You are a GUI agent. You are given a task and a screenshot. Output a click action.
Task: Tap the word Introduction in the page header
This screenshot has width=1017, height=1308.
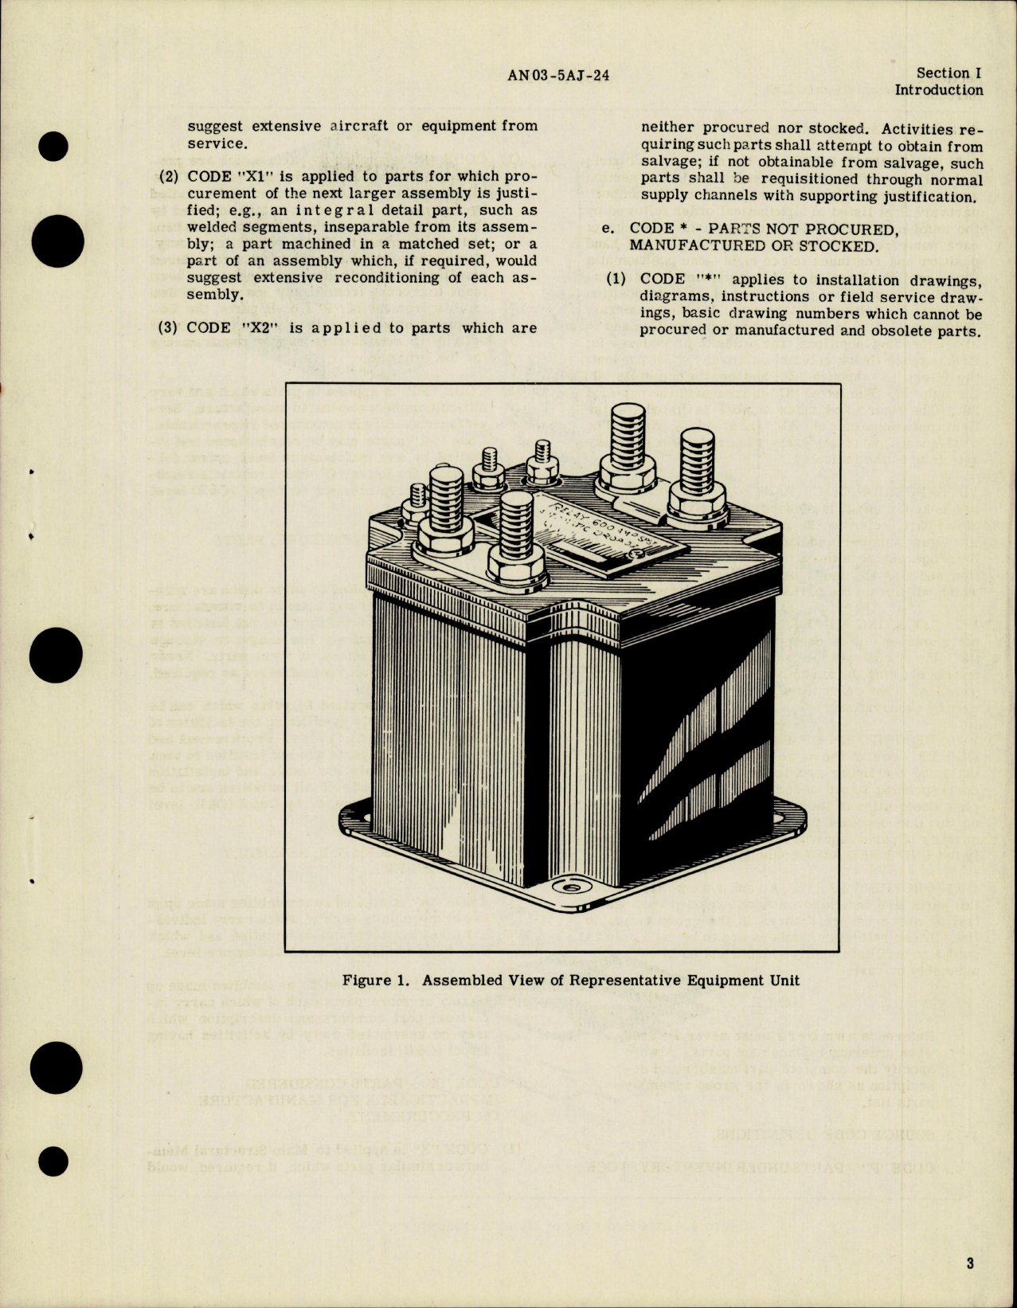(938, 90)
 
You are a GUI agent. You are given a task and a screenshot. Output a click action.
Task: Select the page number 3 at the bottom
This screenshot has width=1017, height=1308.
(970, 1263)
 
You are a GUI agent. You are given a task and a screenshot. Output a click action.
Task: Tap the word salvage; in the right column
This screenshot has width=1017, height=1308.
(672, 163)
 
